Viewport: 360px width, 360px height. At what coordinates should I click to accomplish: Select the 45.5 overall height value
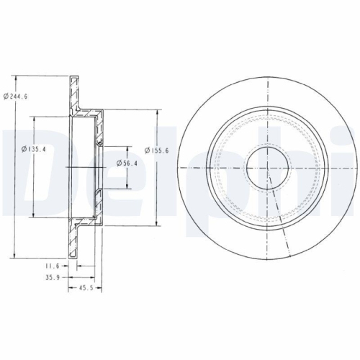pos(86,287)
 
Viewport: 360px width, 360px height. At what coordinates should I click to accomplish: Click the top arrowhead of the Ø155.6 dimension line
pos(157,111)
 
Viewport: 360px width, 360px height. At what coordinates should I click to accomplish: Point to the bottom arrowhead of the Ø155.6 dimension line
pos(157,222)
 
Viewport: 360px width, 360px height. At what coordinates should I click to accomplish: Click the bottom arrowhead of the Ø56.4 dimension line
pos(129,186)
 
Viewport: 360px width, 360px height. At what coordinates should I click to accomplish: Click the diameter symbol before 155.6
pos(148,150)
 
